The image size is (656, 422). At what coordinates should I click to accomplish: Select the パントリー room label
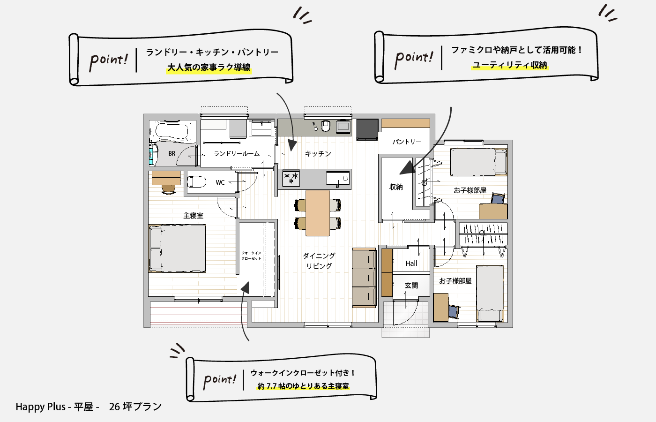407,142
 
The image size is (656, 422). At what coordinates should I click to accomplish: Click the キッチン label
318,154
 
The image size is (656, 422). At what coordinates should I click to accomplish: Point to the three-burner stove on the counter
291,179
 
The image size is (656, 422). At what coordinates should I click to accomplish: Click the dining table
318,213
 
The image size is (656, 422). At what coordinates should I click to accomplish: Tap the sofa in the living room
365,278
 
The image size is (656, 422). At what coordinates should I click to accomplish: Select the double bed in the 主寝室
177,249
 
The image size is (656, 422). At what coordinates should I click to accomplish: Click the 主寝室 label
193,216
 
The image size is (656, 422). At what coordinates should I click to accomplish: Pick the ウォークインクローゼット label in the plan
251,256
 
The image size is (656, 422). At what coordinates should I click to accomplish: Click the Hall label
411,264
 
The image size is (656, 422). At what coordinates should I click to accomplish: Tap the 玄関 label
411,286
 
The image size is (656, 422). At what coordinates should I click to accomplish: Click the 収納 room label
396,187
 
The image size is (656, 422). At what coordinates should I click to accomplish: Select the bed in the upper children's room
478,162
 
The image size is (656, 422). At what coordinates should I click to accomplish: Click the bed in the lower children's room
490,294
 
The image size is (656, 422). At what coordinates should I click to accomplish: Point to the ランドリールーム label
237,154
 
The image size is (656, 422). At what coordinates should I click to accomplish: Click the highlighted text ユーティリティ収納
510,65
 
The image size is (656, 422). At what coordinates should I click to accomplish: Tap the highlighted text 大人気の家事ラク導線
209,68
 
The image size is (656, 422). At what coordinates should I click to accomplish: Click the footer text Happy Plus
40,407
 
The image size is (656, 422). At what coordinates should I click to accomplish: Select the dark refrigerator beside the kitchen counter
367,129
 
